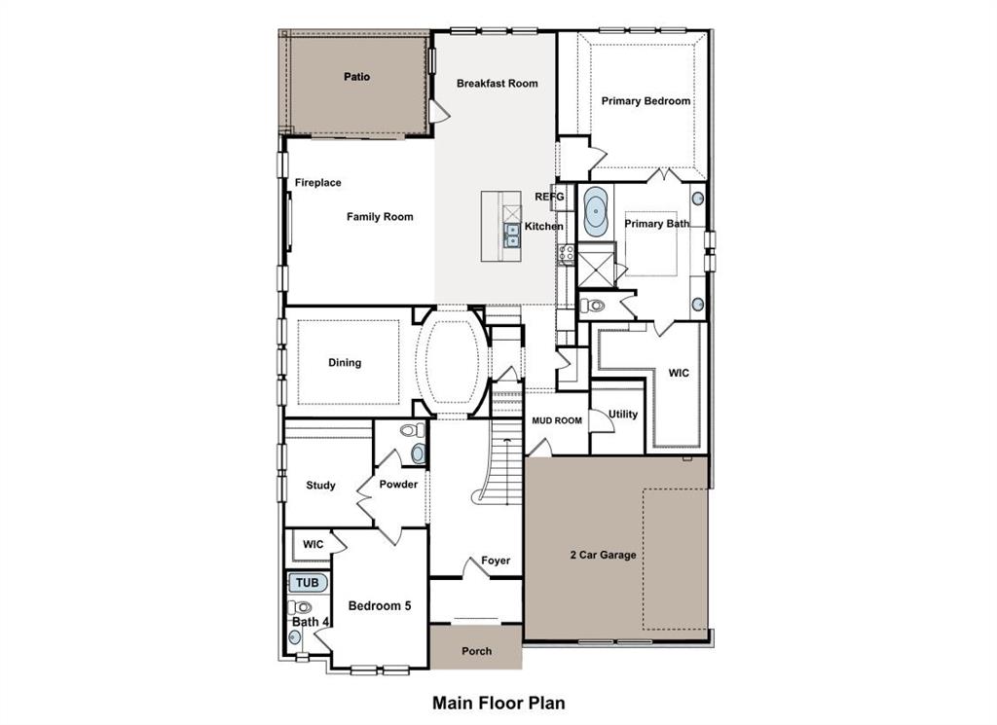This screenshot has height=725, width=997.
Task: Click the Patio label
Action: [x=356, y=76]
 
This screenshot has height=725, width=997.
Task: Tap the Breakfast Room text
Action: [x=498, y=84]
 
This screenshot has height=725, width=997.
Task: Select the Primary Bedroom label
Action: [x=646, y=101]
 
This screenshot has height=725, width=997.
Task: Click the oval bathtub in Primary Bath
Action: [x=595, y=210]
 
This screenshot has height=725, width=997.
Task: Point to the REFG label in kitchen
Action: [x=549, y=197]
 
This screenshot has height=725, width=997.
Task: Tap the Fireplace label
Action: [x=318, y=183]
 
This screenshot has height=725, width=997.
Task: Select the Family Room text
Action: [x=380, y=217]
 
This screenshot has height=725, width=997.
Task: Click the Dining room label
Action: [x=345, y=363]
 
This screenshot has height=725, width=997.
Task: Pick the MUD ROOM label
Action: [x=557, y=421]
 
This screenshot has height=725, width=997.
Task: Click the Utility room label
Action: [x=623, y=415]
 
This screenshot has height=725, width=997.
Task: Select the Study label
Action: [x=321, y=486]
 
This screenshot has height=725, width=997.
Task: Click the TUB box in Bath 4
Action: [x=308, y=583]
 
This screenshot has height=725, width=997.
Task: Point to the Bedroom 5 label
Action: [x=380, y=606]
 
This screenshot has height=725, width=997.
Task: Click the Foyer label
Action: [x=496, y=561]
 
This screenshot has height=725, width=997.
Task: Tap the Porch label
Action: [x=477, y=651]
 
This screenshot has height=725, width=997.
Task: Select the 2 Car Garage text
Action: [x=604, y=556]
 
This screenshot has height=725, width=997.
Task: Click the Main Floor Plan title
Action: [x=498, y=702]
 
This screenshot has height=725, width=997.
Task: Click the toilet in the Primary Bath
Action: [x=592, y=306]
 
